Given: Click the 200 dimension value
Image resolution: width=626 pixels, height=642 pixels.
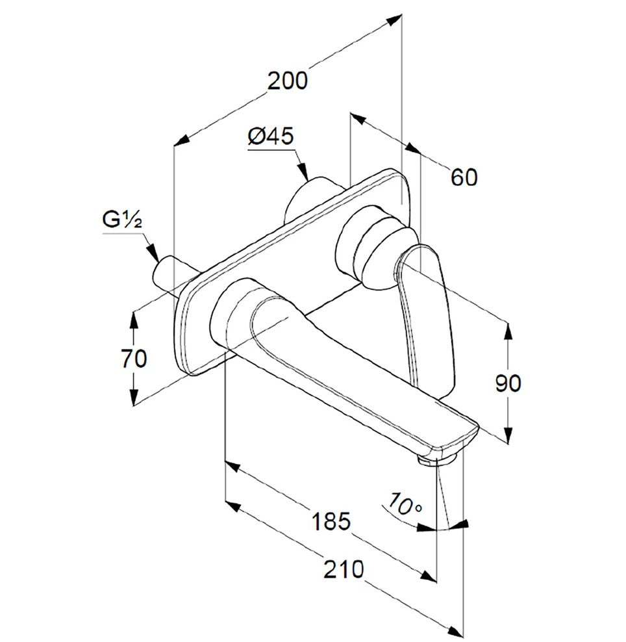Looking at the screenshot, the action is [287, 81].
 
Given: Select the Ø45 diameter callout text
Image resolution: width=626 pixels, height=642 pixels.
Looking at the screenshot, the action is [270, 136].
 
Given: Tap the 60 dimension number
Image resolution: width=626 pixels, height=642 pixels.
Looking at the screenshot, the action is [464, 177].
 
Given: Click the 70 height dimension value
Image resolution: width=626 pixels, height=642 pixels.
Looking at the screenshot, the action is [134, 359].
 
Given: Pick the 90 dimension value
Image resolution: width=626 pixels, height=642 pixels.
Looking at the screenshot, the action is [508, 383].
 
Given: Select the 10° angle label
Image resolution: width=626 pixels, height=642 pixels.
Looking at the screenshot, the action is [405, 506].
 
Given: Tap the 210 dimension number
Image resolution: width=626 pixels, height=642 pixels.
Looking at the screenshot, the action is [344, 569].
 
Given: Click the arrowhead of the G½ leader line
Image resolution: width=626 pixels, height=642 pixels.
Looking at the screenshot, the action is [153, 252].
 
